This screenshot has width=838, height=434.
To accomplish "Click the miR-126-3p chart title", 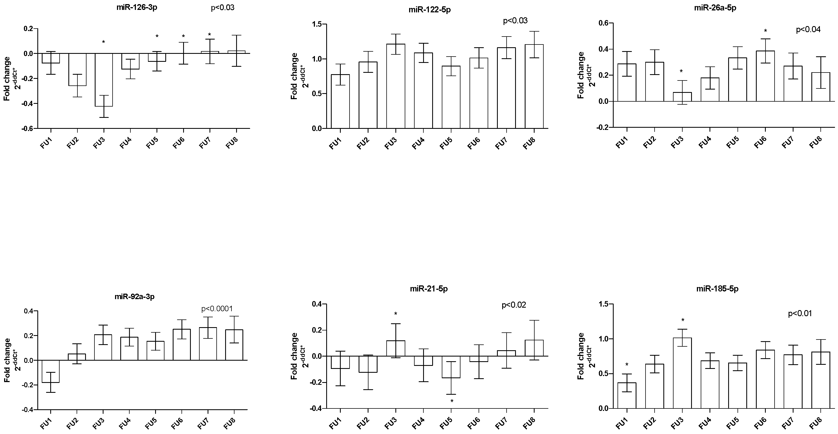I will point(137,7).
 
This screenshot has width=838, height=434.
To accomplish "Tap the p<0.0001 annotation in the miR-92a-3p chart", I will point(217,309).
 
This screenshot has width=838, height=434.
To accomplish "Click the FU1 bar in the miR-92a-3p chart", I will point(51,371).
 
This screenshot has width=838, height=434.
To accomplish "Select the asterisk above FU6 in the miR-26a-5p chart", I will point(765,31).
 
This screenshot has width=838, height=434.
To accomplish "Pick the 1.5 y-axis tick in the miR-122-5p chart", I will point(317,24).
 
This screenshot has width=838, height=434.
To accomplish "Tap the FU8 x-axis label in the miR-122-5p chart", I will point(529,143).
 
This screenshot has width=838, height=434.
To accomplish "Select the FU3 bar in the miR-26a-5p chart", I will point(682,97).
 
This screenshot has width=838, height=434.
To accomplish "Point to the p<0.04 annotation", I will point(808,30).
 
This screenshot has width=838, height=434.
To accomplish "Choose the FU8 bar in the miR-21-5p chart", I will point(534,348).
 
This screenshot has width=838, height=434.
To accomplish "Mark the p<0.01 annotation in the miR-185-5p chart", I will point(800,314).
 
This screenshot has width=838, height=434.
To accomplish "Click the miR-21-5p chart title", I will point(429,289).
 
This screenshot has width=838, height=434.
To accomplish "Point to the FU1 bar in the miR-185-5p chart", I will point(627,395).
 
